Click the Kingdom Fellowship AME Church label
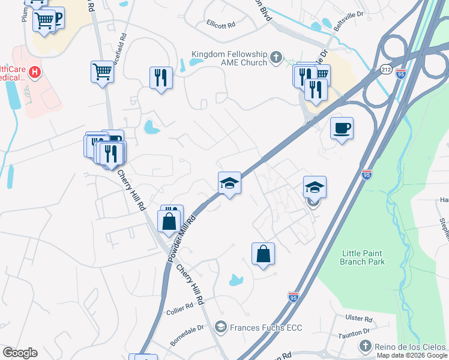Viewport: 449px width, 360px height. pos(228,58)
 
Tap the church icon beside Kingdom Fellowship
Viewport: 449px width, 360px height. pos(276,58)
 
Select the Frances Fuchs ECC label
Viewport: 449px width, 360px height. pos(265,327)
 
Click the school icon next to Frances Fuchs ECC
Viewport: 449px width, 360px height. pos(220,327)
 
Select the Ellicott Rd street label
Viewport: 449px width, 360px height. pos(221,26)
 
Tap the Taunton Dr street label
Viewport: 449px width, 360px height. pos(355,332)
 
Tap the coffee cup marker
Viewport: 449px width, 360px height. pos(342,128)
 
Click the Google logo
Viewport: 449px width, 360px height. pos(20,353)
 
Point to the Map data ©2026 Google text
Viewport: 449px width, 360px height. pos(412,355)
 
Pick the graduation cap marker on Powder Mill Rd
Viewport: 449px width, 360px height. pos(229,182)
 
